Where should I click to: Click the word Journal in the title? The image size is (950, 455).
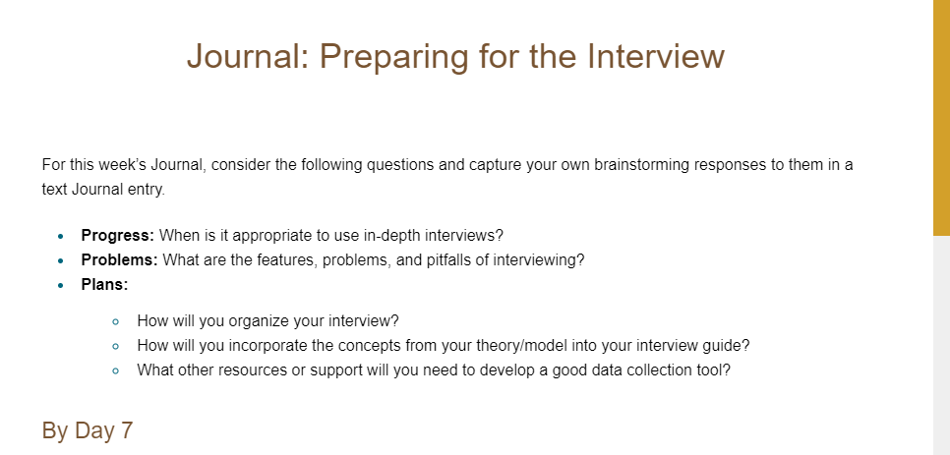point(248,56)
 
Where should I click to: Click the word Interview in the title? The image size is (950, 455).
point(656,56)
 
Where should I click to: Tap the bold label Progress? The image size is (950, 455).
point(118,236)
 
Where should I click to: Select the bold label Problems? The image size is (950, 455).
point(119,260)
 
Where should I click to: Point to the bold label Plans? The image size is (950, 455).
point(105,285)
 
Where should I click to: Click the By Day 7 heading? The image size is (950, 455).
point(88,430)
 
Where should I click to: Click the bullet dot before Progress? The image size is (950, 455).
point(60,237)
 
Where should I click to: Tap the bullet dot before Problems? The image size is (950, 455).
point(60,261)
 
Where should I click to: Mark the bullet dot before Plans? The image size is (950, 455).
point(60,286)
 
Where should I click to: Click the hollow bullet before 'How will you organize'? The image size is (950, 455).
point(116,322)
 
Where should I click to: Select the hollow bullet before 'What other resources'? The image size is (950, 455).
point(116,370)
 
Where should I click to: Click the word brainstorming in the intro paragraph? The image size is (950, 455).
point(641,165)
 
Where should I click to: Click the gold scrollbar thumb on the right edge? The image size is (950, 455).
point(941,117)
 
